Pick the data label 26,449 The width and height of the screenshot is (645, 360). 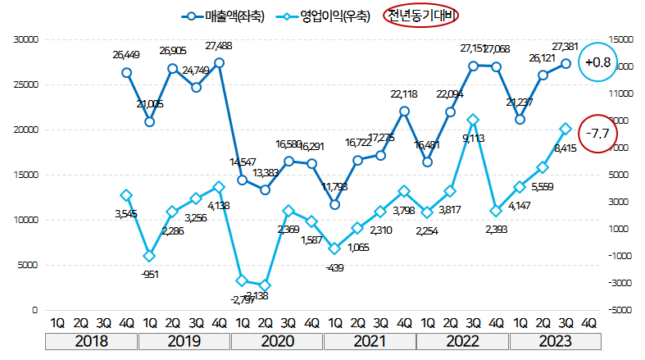pyautogui.click(x=126, y=56)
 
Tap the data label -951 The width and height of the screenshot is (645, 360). pyautogui.click(x=150, y=274)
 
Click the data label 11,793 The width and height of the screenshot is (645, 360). pyautogui.click(x=334, y=186)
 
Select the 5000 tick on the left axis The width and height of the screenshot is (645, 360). pyautogui.click(x=30, y=265)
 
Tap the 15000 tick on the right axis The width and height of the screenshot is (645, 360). pyautogui.click(x=625, y=39)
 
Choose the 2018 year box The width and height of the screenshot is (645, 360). pyautogui.click(x=91, y=340)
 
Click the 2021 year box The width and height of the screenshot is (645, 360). pyautogui.click(x=370, y=340)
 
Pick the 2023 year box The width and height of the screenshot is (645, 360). pyautogui.click(x=555, y=340)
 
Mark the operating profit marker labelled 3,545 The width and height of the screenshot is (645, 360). pyautogui.click(x=126, y=195)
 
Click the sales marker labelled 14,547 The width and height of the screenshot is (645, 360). pyautogui.click(x=242, y=180)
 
